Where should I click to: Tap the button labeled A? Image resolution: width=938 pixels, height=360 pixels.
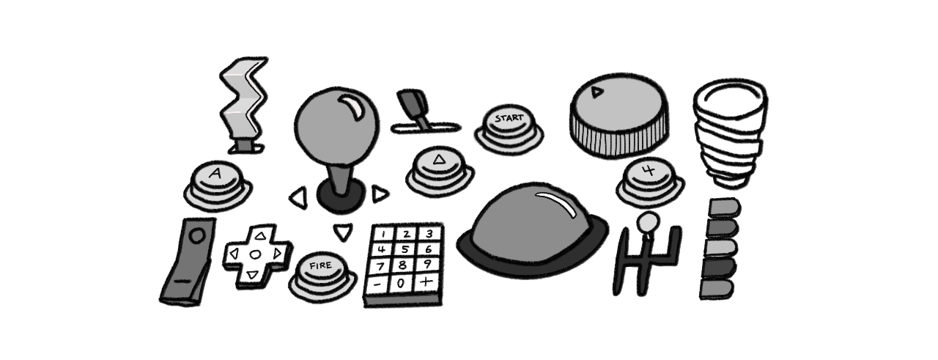point(218,185)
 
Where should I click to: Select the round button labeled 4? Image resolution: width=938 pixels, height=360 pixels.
point(650,182)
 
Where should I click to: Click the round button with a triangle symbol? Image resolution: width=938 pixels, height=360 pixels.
point(439,170)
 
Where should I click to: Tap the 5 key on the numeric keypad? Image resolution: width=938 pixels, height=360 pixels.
point(404,250)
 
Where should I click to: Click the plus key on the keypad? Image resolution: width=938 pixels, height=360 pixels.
point(426,282)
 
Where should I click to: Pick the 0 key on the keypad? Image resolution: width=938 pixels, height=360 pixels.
point(401,284)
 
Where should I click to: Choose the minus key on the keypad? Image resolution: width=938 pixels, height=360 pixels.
point(377,284)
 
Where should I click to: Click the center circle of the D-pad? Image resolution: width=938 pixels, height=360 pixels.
point(256,254)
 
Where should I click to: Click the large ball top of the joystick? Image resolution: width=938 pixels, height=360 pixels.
point(336,125)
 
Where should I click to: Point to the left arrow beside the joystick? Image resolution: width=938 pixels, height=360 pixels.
point(298,198)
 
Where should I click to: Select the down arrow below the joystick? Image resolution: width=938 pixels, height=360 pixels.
point(344,232)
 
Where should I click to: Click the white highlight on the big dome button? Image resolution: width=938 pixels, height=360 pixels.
point(556,203)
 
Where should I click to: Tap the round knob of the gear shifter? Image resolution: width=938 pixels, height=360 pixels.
point(648,222)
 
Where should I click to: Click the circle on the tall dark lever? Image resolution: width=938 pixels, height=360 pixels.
point(196,235)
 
